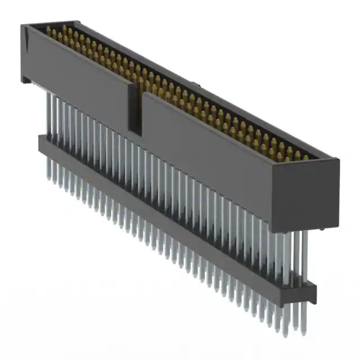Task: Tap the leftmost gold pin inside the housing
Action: point(48,30)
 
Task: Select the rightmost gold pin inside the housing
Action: point(305,158)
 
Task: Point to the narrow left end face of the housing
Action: point(24,53)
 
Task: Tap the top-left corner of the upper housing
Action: point(22,25)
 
